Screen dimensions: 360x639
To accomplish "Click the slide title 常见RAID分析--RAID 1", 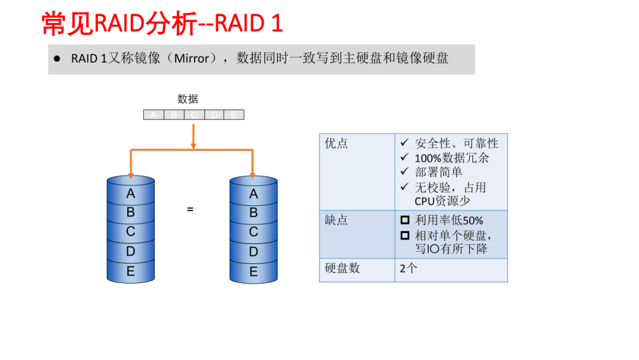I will click(x=163, y=24).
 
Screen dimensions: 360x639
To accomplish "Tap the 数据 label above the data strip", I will click(x=188, y=99).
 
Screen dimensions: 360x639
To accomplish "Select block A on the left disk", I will click(x=131, y=194).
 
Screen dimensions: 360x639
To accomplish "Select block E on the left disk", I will click(x=131, y=272).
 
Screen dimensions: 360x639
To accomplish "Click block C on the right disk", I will click(x=253, y=232).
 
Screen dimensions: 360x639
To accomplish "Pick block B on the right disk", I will click(x=253, y=213).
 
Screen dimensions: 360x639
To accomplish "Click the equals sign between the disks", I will click(x=190, y=209).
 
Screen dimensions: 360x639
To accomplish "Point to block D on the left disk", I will click(x=131, y=252).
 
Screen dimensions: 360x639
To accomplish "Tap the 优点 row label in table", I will click(x=336, y=143).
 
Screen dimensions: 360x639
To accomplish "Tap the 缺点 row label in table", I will click(x=336, y=220).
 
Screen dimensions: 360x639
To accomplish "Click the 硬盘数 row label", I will click(x=342, y=268).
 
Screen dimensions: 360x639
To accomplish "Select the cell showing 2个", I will click(x=408, y=268).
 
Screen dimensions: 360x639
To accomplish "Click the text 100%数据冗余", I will click(x=451, y=158).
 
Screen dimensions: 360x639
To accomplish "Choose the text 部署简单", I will click(x=438, y=172).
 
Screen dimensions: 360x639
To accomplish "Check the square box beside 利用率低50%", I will click(x=405, y=220).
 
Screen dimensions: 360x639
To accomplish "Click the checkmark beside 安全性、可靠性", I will click(x=405, y=143).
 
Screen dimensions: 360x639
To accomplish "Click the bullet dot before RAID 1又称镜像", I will click(x=57, y=59).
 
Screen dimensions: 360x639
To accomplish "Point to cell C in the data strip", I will click(x=193, y=115).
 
